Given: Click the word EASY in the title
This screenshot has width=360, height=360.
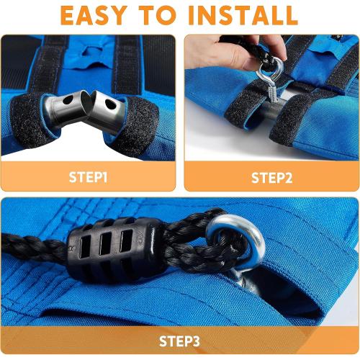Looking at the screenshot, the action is tap(94, 15).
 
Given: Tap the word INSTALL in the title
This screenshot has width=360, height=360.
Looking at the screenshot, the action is tap(243, 15).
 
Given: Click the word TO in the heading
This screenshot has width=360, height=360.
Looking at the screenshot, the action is tap(158, 15).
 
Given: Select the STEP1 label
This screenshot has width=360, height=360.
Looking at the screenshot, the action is tap(88, 177).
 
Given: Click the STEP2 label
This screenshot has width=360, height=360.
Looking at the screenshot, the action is tap(272, 178).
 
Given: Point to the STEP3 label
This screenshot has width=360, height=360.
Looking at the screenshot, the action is tap(179, 341).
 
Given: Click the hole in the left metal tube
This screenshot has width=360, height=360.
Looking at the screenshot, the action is tap(68, 99).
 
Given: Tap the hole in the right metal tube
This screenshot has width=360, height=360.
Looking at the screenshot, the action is tap(109, 104).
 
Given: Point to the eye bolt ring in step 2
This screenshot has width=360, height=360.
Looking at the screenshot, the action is tap(271, 68).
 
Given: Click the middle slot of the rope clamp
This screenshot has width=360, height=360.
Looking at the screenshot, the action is tap(106, 244).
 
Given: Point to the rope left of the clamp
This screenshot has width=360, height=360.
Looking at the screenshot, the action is tap(34, 247).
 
